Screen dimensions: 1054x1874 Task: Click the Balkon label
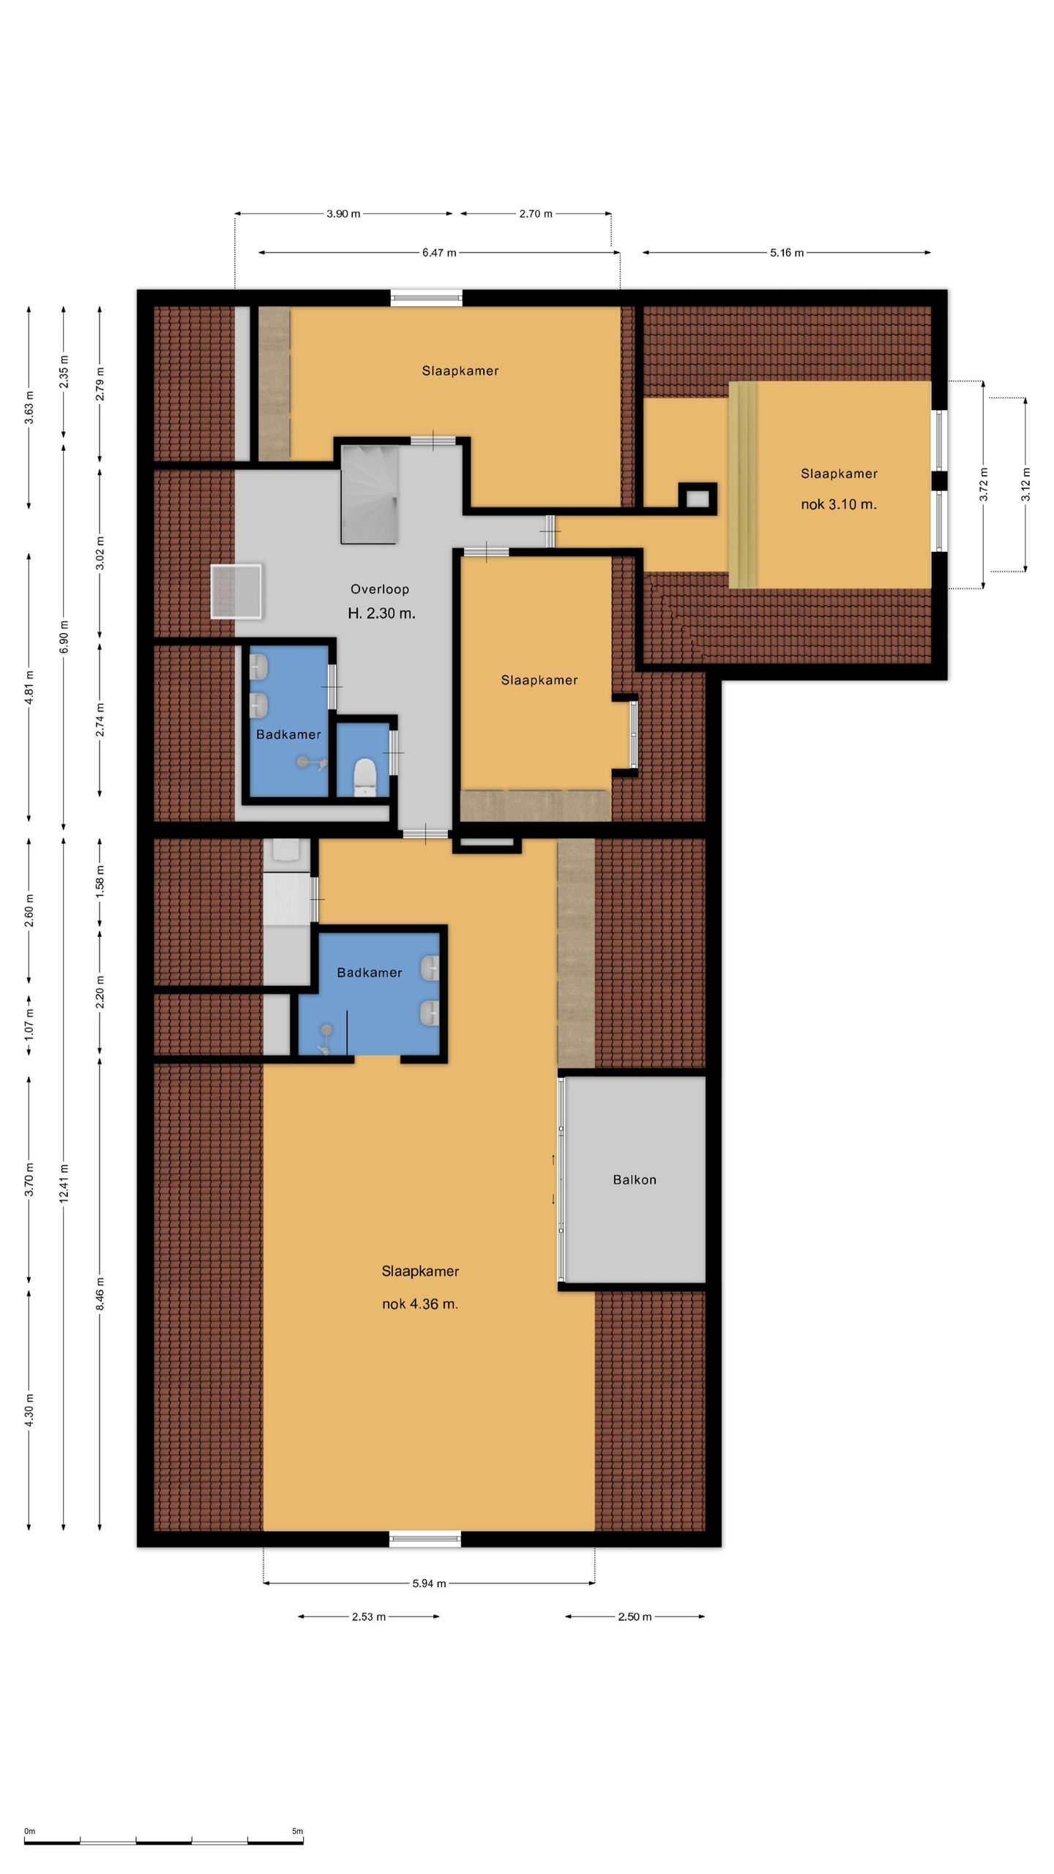pos(634,1179)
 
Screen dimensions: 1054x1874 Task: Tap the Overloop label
pos(379,589)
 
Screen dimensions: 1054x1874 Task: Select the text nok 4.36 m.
pos(420,1304)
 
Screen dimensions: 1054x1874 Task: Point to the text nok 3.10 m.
pos(839,504)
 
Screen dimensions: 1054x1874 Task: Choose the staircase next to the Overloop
pos(369,494)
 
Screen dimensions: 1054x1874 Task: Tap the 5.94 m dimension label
pos(429,1583)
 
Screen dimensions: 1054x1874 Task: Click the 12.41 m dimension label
pos(64,1183)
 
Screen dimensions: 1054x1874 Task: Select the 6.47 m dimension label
pos(439,253)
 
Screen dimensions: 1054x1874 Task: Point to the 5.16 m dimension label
pos(787,253)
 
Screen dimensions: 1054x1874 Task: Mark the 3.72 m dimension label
pos(984,485)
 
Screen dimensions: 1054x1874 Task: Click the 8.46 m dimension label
pos(100,1293)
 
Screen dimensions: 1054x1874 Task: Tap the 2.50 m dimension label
pos(635,1616)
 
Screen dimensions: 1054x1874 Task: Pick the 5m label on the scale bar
pos(297,1832)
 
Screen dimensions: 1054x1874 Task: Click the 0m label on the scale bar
pos(29,1832)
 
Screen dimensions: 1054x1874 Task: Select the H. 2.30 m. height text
pos(381,613)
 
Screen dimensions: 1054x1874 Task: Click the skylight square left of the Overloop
pos(236,591)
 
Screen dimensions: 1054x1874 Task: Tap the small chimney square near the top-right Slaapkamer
pos(697,499)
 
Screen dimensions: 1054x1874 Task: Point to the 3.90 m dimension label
pos(343,214)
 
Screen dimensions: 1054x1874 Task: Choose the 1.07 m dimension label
pos(29,1023)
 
